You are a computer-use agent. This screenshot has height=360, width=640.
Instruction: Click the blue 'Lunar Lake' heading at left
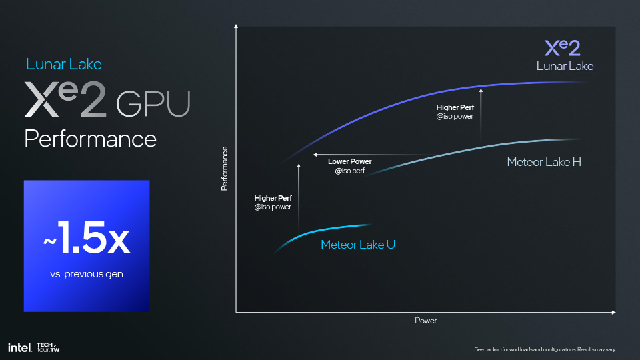click(x=64, y=64)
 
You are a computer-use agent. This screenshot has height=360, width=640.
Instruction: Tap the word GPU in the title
click(x=153, y=104)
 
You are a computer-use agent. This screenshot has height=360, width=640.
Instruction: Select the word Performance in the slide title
click(x=90, y=139)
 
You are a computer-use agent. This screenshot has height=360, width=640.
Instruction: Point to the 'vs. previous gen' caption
click(x=87, y=274)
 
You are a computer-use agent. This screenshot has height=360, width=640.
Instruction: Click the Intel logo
click(x=19, y=348)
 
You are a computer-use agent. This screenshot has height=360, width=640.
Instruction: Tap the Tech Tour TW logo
click(x=48, y=347)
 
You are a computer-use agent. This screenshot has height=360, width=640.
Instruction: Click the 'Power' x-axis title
click(x=426, y=321)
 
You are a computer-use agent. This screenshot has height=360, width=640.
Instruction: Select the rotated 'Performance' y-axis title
click(x=224, y=169)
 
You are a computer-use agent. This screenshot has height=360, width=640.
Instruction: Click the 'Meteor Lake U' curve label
click(x=358, y=245)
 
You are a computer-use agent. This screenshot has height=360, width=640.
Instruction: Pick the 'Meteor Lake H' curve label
click(x=544, y=162)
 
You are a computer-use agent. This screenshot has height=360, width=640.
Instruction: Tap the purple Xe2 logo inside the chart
click(x=563, y=48)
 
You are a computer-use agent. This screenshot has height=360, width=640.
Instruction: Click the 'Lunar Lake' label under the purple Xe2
click(x=565, y=66)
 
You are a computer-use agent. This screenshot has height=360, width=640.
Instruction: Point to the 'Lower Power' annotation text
click(x=350, y=161)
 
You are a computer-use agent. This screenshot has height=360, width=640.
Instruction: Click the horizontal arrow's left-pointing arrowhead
click(x=315, y=155)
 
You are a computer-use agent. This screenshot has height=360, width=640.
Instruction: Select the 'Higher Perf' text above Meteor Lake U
click(x=273, y=198)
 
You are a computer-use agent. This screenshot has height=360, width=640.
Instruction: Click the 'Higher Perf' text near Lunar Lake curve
click(x=455, y=107)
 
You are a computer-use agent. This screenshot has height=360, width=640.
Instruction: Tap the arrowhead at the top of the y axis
click(x=236, y=26)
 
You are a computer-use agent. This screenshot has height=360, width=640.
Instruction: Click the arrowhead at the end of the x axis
click(x=613, y=312)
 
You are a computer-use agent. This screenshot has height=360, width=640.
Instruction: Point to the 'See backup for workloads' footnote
click(x=545, y=349)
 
